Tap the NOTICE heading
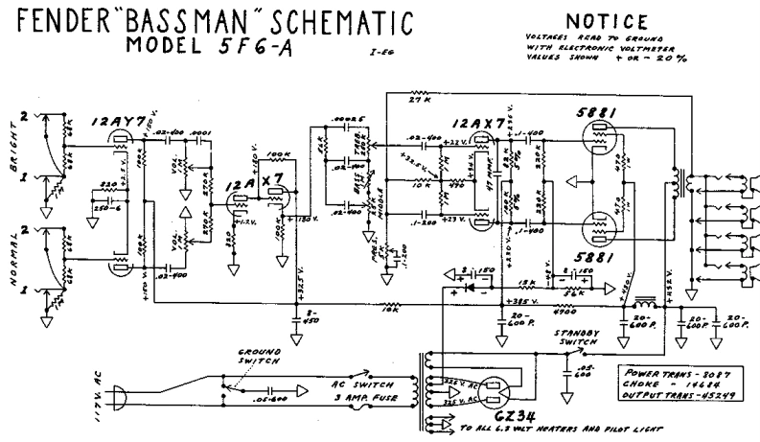pyautogui.click(x=597, y=20)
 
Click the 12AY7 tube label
pyautogui.click(x=121, y=123)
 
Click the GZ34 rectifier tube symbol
pyautogui.click(x=493, y=390)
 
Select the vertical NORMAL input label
pyautogui.click(x=13, y=258)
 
